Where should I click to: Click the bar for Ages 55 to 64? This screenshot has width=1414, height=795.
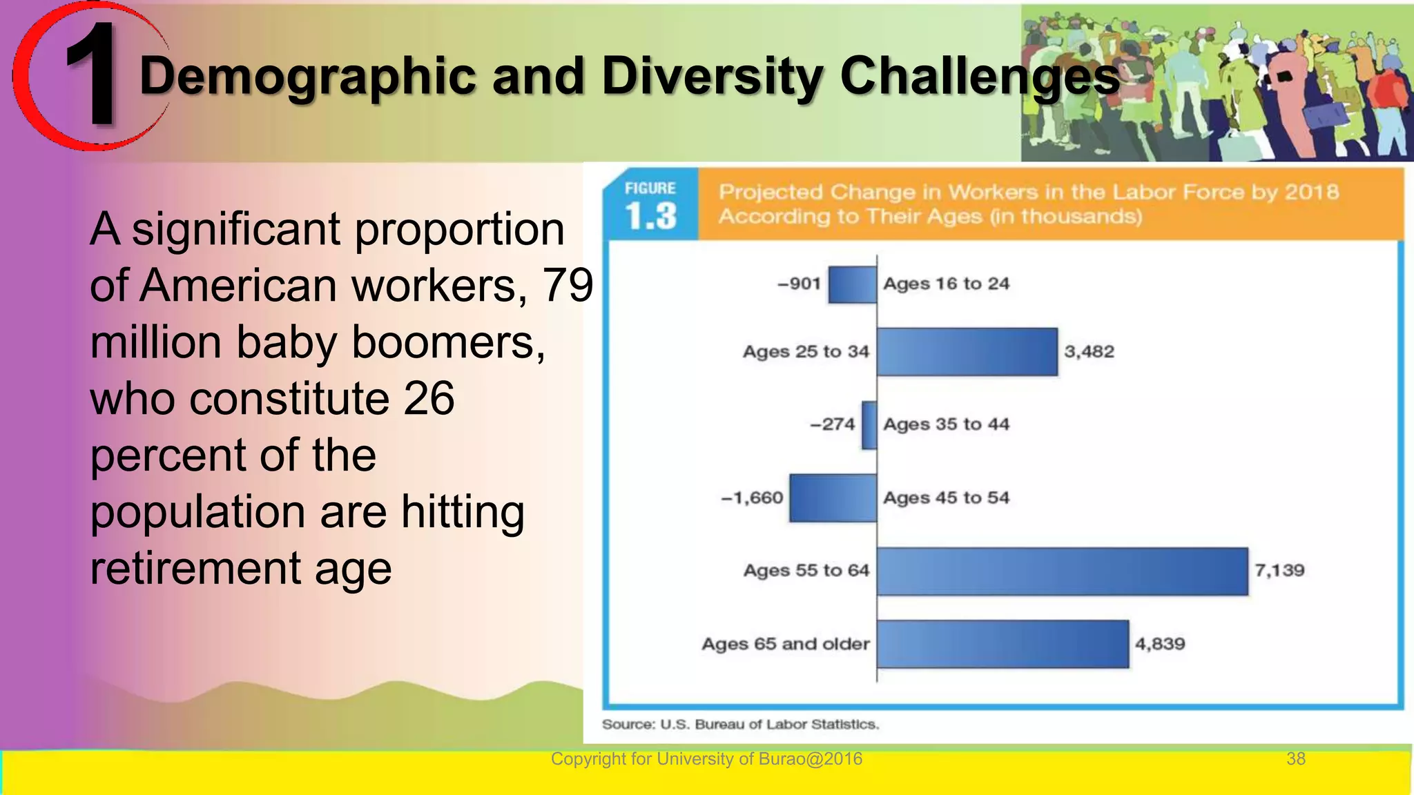[x=1062, y=571]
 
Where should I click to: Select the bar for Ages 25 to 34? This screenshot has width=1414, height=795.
[x=967, y=352]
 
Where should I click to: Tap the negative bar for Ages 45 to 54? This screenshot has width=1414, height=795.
[x=833, y=498]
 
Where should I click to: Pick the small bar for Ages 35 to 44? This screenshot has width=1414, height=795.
[x=869, y=425]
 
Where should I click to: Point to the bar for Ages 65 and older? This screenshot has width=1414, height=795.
[x=1003, y=644]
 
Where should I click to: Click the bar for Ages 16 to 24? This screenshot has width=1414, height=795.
[x=852, y=284]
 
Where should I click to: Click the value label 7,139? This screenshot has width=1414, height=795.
[x=1279, y=571]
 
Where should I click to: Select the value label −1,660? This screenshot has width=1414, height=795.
[x=752, y=498]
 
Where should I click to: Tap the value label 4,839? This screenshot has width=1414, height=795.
[x=1160, y=644]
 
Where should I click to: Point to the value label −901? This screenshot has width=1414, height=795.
[x=799, y=284]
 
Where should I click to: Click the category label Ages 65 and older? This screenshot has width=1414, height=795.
[x=785, y=644]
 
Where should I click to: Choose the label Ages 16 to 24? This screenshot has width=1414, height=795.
[x=946, y=284]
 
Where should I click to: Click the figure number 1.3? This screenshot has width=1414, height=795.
[x=650, y=216]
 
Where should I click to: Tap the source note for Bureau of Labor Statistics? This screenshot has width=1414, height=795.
[x=740, y=725]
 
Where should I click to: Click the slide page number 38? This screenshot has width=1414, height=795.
[x=1295, y=759]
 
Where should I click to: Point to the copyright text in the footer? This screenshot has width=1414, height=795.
[x=706, y=759]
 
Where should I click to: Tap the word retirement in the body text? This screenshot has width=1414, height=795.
[x=195, y=569]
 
